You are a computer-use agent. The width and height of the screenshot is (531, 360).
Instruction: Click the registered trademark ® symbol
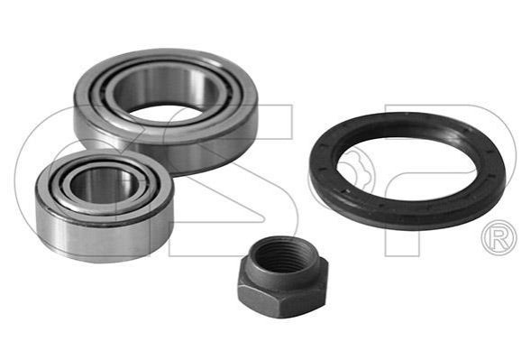[499, 238]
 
